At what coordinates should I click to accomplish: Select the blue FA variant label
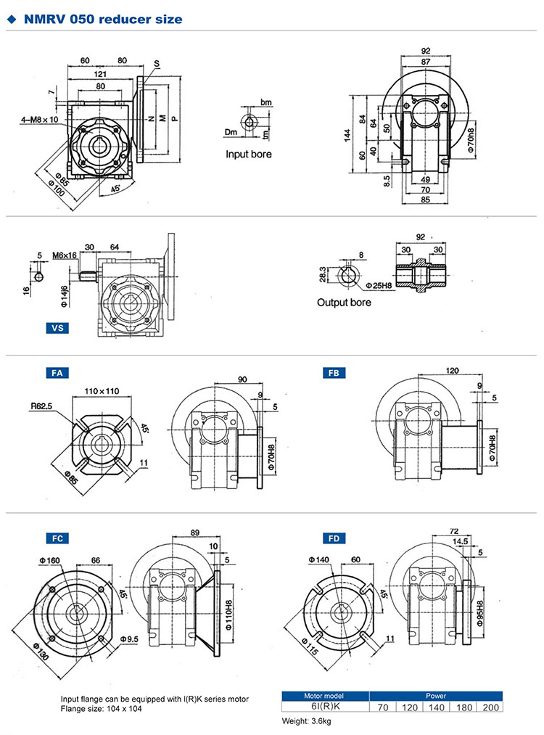(57, 373)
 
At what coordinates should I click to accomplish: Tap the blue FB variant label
(334, 373)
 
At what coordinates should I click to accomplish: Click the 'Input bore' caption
(249, 154)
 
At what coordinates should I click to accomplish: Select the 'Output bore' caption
(343, 302)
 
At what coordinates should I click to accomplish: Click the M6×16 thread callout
(66, 255)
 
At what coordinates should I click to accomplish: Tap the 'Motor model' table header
(324, 695)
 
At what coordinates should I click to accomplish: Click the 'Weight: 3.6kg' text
(307, 721)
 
